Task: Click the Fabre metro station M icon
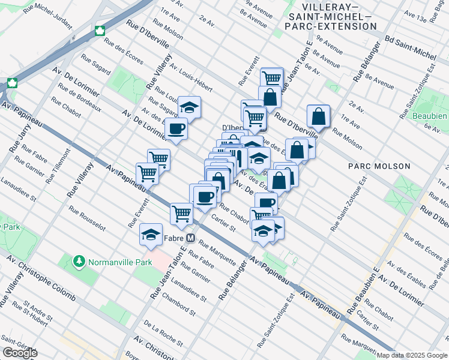pyautogui.click(x=190, y=238)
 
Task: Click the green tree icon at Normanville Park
pyautogui.click(x=79, y=262)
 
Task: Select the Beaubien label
pyautogui.click(x=429, y=115)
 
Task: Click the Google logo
pyautogui.click(x=20, y=352)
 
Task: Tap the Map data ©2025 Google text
pyautogui.click(x=412, y=355)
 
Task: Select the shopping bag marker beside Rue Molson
pyautogui.click(x=318, y=116)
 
